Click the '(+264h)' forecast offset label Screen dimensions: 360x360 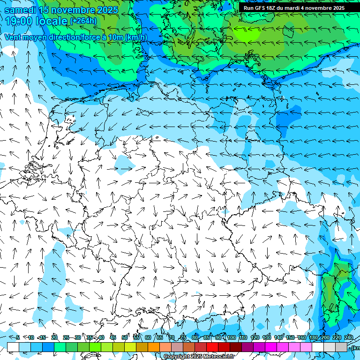(x=83, y=21)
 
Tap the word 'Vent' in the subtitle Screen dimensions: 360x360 (x=13, y=37)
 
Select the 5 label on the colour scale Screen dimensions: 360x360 (x=18, y=338)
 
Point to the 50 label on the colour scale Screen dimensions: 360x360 (x=125, y=338)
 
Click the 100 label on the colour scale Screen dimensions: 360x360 (x=231, y=338)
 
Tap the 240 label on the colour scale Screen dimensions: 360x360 (x=348, y=338)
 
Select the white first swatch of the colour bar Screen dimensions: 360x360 (x=13, y=347)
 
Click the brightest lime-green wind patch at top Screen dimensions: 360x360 (x=247, y=34)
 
